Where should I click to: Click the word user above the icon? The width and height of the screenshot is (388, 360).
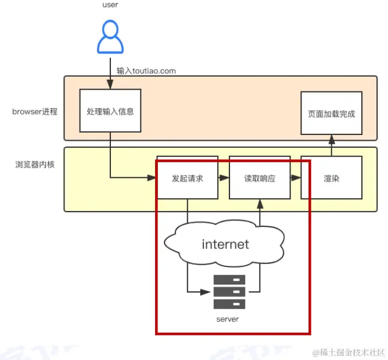click(x=109, y=5)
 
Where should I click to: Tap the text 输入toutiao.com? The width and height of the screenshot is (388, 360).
click(x=146, y=71)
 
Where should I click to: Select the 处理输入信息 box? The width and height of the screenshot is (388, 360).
click(x=110, y=111)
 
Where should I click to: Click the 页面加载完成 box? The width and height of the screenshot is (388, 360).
click(x=331, y=113)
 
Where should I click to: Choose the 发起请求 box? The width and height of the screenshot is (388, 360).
click(x=188, y=178)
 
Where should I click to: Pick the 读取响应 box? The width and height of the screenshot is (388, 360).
click(x=260, y=178)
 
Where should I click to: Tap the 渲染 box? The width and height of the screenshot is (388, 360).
click(x=331, y=178)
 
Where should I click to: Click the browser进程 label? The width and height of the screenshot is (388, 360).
click(x=35, y=111)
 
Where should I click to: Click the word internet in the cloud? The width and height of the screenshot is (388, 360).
click(x=225, y=244)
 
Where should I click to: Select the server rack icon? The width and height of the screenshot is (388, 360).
click(x=229, y=291)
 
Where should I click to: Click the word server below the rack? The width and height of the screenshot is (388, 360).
click(x=227, y=319)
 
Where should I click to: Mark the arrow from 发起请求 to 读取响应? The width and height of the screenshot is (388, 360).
click(x=224, y=178)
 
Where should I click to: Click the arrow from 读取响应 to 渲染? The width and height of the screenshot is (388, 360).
click(x=296, y=178)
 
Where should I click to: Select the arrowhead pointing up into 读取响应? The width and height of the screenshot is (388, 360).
click(x=260, y=202)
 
